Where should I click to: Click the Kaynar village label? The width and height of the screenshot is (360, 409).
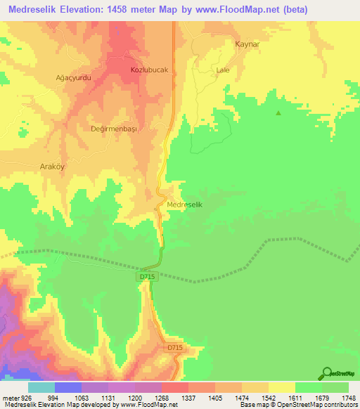[243, 43]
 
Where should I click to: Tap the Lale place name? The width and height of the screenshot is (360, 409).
[223, 70]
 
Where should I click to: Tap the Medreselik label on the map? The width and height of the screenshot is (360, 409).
[186, 204]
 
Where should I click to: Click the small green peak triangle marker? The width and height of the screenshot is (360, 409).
[278, 113]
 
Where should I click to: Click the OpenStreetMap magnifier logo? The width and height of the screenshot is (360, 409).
[327, 374]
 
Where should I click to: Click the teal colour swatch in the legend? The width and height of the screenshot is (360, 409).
[41, 387]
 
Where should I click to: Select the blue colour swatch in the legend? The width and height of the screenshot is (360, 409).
[67, 387]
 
